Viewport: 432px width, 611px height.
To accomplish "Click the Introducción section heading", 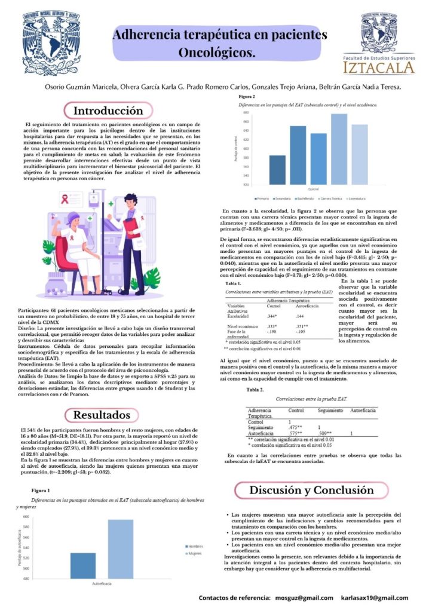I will click(108, 110).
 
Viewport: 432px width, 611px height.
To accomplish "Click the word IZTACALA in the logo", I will click(387, 66).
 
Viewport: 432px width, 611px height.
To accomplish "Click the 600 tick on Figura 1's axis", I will click(26, 516).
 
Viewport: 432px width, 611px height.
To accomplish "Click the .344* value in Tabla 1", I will click(272, 316).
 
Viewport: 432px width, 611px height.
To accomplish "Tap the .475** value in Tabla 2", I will click(295, 428).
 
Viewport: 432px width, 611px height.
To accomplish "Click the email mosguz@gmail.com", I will click(304, 598).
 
